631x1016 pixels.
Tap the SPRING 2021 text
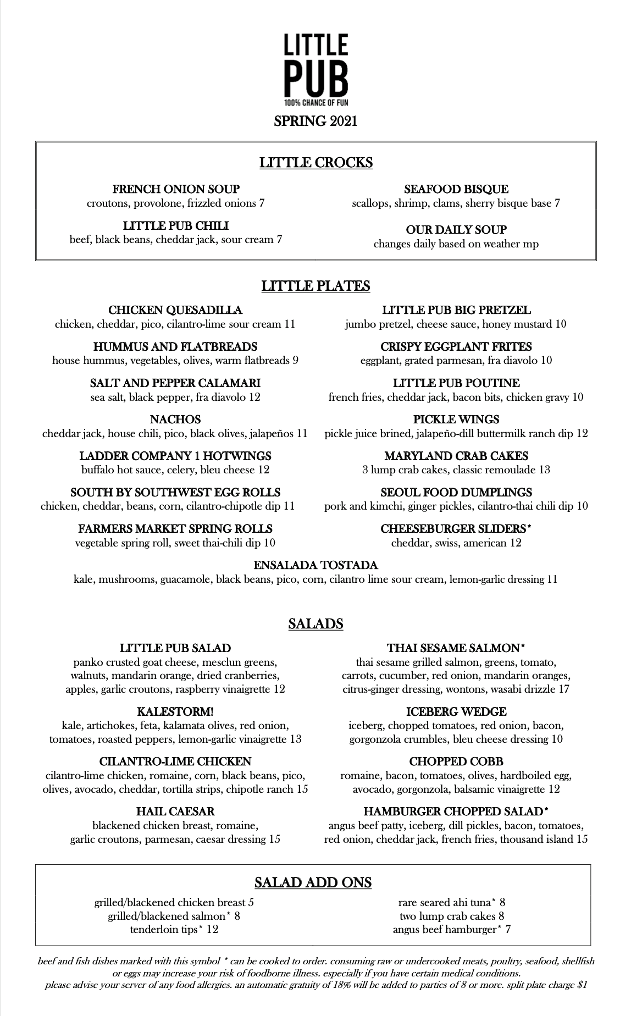point(315,121)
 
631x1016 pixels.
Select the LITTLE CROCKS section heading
point(315,163)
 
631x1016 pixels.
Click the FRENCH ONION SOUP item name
point(176,189)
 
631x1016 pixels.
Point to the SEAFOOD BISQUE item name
point(456,189)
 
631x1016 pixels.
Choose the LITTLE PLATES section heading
point(315,286)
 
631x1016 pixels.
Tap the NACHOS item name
point(175,419)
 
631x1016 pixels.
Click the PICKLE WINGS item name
point(456,419)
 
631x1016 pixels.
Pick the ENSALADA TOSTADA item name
point(315,565)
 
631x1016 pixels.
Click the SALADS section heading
point(315,623)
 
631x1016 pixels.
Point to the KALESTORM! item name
point(175,711)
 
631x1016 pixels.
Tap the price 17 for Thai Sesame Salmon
point(563,689)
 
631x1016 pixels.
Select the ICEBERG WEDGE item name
point(456,711)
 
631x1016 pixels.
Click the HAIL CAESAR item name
point(175,811)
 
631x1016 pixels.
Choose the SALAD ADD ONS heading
point(313,883)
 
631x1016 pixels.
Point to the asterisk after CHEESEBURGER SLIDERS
point(529,527)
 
